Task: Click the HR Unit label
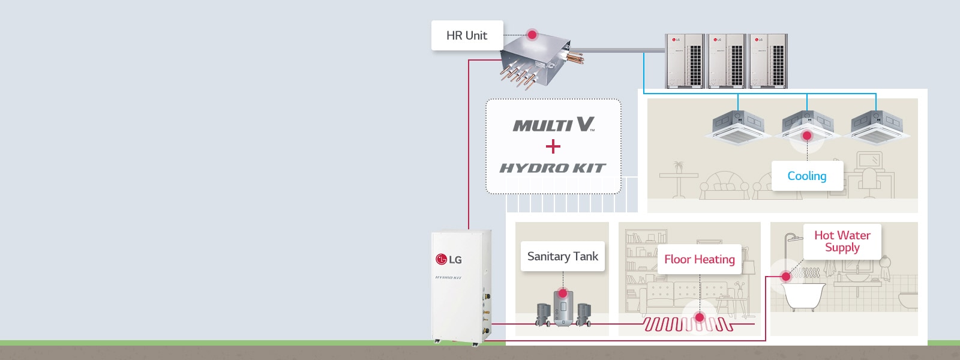(467, 35)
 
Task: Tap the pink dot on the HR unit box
(532, 35)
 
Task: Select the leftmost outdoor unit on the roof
(685, 61)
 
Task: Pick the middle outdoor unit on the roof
(726, 61)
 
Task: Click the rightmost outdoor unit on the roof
(767, 61)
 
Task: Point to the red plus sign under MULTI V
(553, 146)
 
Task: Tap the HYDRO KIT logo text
(553, 168)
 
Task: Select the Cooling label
(807, 176)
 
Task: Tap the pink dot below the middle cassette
(807, 136)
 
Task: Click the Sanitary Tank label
(563, 256)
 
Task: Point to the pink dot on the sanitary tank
(563, 293)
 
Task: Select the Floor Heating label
(700, 259)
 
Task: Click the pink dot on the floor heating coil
(700, 317)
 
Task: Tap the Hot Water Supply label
(842, 241)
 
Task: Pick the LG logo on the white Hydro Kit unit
(449, 259)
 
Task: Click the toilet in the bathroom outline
(908, 299)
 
